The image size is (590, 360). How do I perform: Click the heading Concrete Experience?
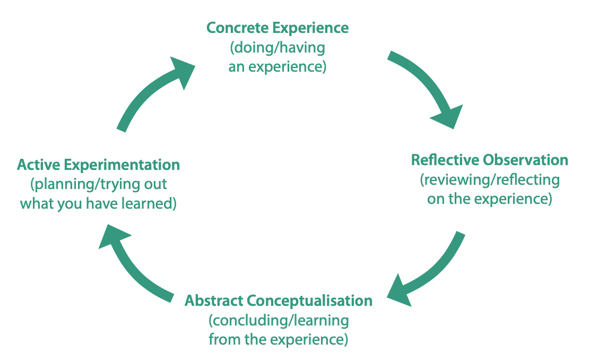(277, 28)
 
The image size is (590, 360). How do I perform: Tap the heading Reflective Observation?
(489, 160)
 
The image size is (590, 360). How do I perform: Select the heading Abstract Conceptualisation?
(278, 301)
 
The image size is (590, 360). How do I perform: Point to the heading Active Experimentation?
(98, 165)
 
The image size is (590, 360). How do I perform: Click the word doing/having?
(277, 48)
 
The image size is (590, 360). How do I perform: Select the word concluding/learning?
(279, 321)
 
